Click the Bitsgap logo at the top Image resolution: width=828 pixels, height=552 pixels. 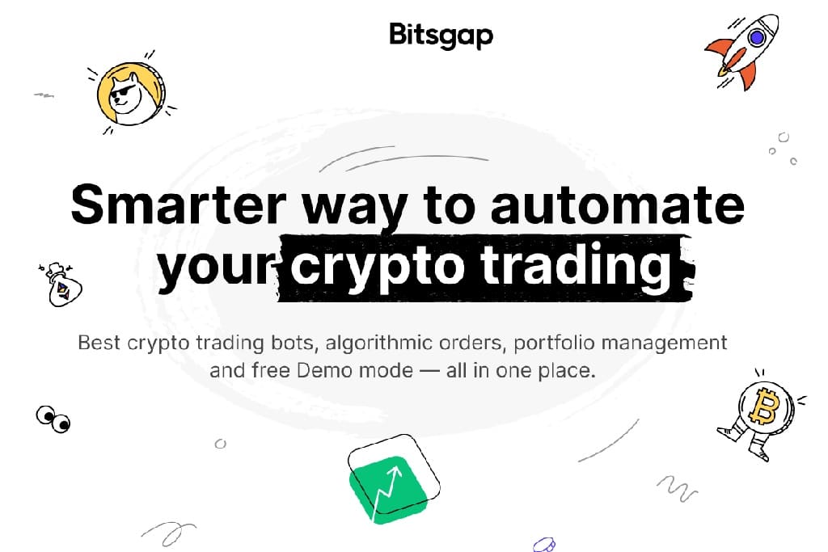point(441,35)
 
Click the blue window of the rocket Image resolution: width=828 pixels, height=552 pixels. point(757,36)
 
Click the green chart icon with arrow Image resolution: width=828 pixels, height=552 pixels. point(390,482)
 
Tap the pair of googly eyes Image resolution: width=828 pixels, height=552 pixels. point(53,419)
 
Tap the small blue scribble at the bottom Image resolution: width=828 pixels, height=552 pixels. point(545,544)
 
